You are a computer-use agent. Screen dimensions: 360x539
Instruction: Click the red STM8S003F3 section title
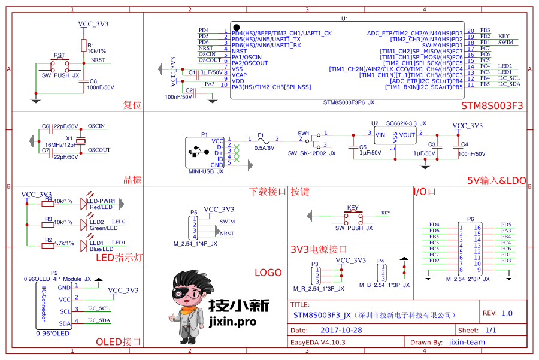(x=492, y=105)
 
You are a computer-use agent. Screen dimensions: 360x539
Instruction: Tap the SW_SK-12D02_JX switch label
(x=311, y=153)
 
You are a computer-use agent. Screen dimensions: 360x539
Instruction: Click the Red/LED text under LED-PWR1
(x=101, y=207)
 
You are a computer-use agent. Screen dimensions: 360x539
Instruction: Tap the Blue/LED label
(x=101, y=249)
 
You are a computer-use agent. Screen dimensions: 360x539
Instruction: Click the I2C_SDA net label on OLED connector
(x=99, y=320)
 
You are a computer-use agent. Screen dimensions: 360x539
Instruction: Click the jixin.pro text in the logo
(x=233, y=322)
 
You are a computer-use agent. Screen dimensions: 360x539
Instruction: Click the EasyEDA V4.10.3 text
(x=318, y=343)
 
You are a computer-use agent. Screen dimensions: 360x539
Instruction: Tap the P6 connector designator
(x=470, y=219)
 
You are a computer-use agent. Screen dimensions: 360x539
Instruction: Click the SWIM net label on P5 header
(x=227, y=222)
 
